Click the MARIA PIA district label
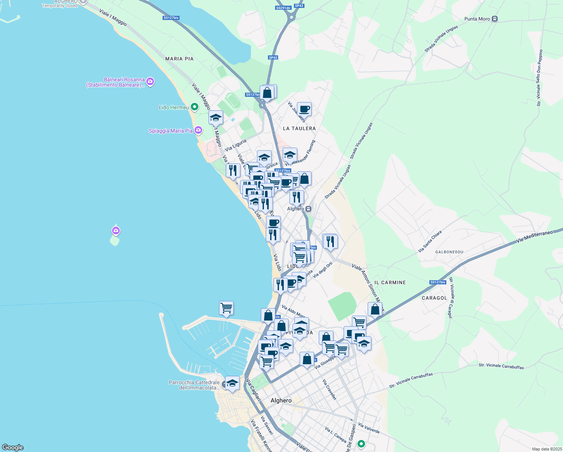[179, 59]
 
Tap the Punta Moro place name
[477, 19]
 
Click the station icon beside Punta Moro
[495, 19]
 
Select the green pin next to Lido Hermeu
[195, 107]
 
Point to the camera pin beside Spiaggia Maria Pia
[198, 130]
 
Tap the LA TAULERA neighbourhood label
[299, 128]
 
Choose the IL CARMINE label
[390, 282]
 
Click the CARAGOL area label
[434, 298]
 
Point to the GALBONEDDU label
[449, 252]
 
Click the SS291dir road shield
[283, 8]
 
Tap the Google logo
[12, 447]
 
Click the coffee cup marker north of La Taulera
[304, 109]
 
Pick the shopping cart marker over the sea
[226, 308]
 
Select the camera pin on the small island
[116, 230]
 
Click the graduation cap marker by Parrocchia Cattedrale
[232, 383]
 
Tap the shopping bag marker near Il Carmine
[375, 309]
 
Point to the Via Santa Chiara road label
[430, 242]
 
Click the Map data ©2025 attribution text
[547, 449]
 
